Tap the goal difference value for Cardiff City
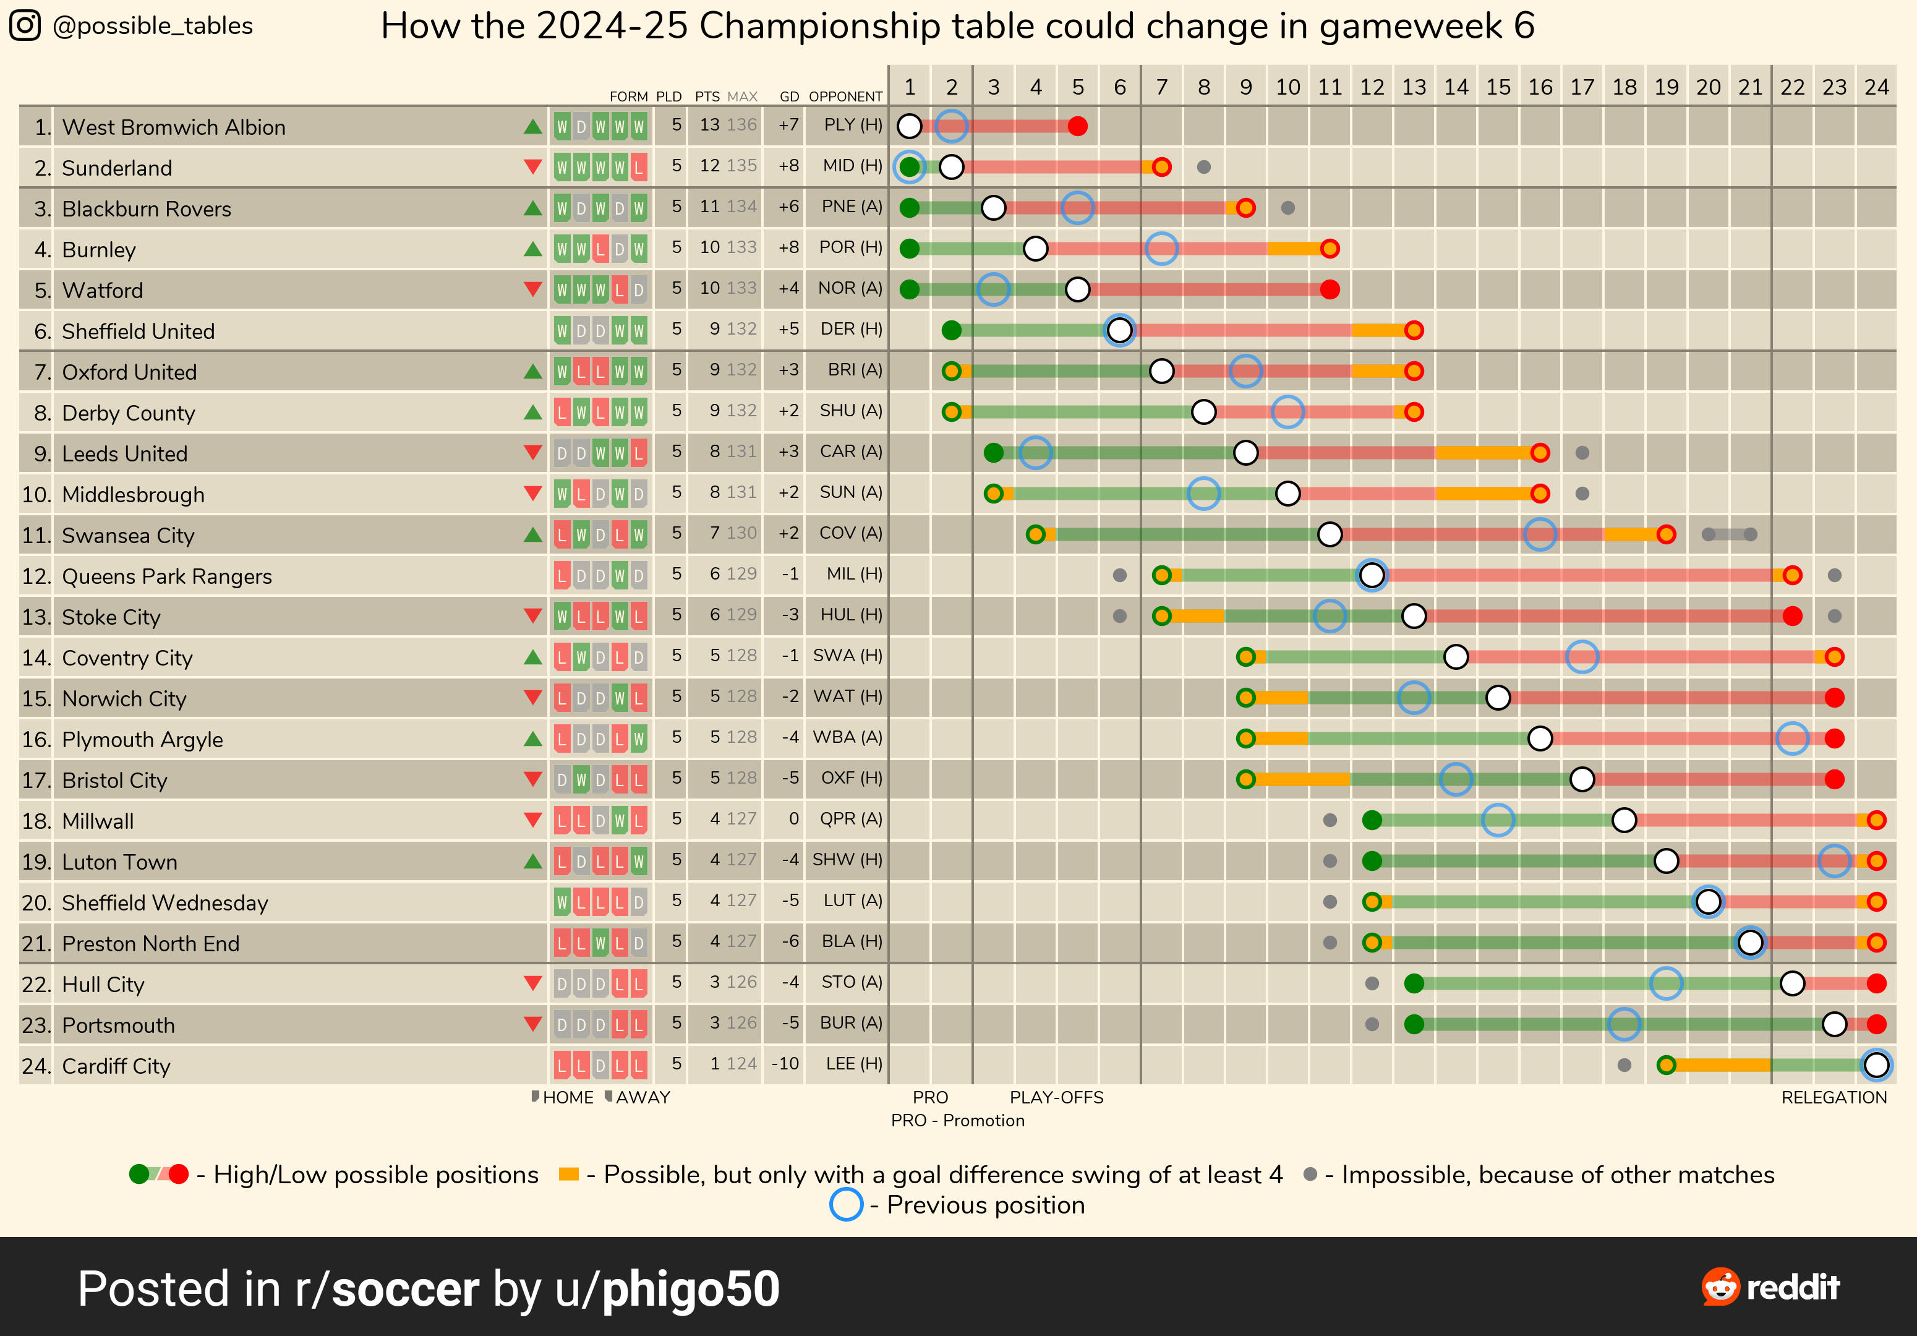coord(785,1064)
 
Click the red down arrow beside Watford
coord(532,289)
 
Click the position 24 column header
coord(1876,87)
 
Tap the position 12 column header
coord(1371,87)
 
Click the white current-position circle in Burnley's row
coord(1035,248)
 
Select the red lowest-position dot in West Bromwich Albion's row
coord(1078,126)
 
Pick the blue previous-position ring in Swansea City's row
coord(1540,534)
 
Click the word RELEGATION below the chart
coord(1834,1097)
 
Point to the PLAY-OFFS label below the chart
coord(1056,1097)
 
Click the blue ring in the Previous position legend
coord(846,1205)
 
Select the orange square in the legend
coord(568,1174)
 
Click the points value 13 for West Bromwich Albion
coord(709,125)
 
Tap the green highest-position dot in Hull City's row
coord(1414,983)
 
